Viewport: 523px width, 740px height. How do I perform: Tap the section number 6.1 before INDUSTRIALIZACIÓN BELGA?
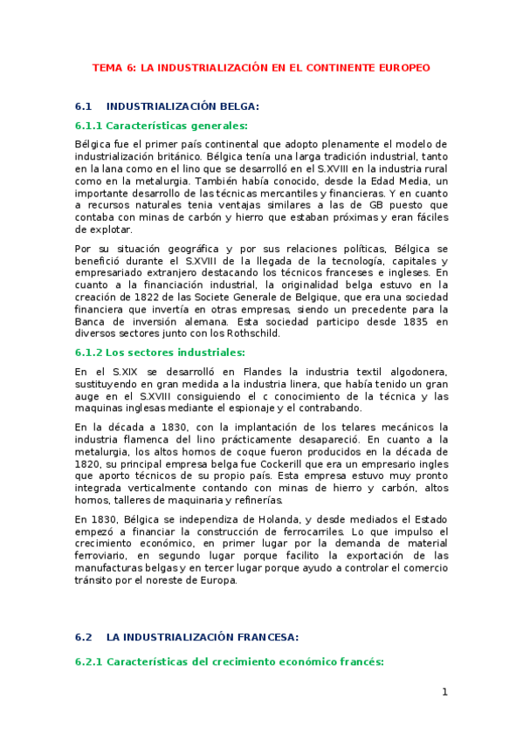pos(84,106)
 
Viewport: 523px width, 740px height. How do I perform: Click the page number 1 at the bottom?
pos(444,692)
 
